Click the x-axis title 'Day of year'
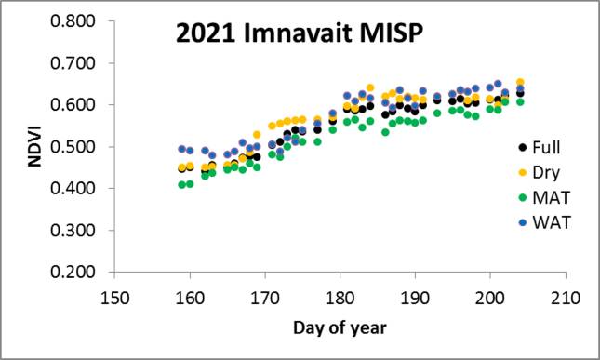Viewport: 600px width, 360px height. click(340, 327)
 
